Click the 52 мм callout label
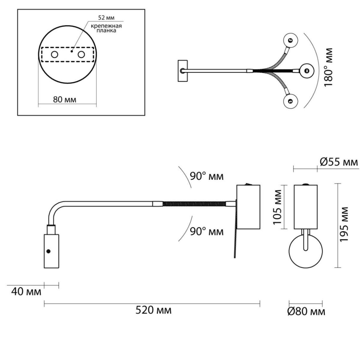(106, 18)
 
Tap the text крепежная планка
(106, 28)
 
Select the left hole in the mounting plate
(55, 55)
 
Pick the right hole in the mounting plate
(81, 55)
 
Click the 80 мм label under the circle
(64, 100)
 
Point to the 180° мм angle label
(328, 67)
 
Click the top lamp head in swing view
(290, 40)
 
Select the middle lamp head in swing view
(307, 71)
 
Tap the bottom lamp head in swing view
(290, 101)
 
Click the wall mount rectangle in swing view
(182, 70)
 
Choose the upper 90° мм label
(206, 176)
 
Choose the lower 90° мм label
(206, 232)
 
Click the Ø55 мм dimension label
(338, 162)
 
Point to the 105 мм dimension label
(277, 207)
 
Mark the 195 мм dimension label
(344, 224)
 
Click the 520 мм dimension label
(153, 310)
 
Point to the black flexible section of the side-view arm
(194, 204)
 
